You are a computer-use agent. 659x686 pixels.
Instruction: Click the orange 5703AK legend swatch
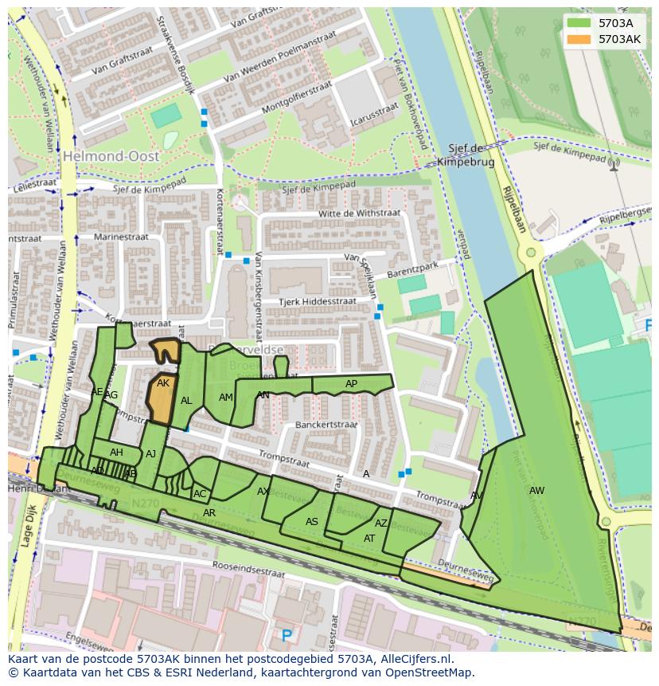coord(580,38)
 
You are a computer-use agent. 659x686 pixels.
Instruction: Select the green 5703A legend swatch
coord(580,23)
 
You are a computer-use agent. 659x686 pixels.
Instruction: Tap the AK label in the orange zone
coord(163,383)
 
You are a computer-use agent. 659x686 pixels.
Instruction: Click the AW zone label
coord(536,491)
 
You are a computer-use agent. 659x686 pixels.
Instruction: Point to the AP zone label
coord(351,384)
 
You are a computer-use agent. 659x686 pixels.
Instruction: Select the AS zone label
coord(312,522)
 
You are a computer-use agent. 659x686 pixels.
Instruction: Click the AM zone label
coord(226,398)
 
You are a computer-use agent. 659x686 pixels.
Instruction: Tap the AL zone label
coord(186,401)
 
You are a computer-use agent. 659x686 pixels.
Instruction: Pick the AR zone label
coord(209,513)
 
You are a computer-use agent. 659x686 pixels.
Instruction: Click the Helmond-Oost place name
coord(112,156)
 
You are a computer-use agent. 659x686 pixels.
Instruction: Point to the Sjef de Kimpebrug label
coord(466,155)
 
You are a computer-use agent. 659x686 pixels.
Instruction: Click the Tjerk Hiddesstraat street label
coord(317,302)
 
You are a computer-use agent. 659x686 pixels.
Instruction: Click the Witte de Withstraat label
coord(347,214)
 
